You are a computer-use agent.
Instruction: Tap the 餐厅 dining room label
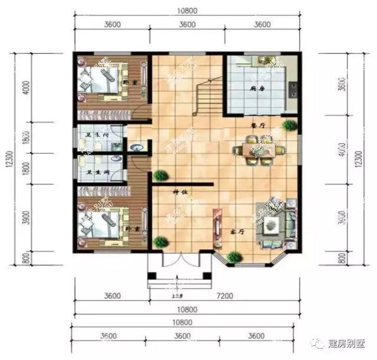(257, 125)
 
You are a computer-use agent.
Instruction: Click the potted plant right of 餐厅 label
(288, 125)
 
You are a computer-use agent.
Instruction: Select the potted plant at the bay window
(235, 256)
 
